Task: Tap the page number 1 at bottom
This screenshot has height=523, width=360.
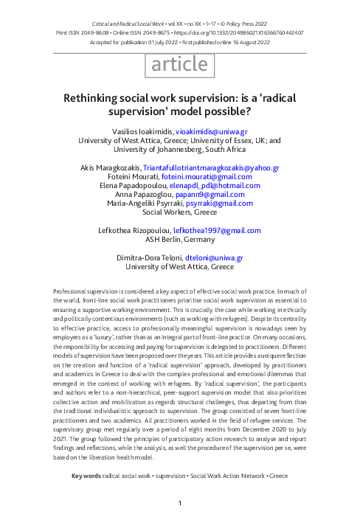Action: [180, 503]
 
